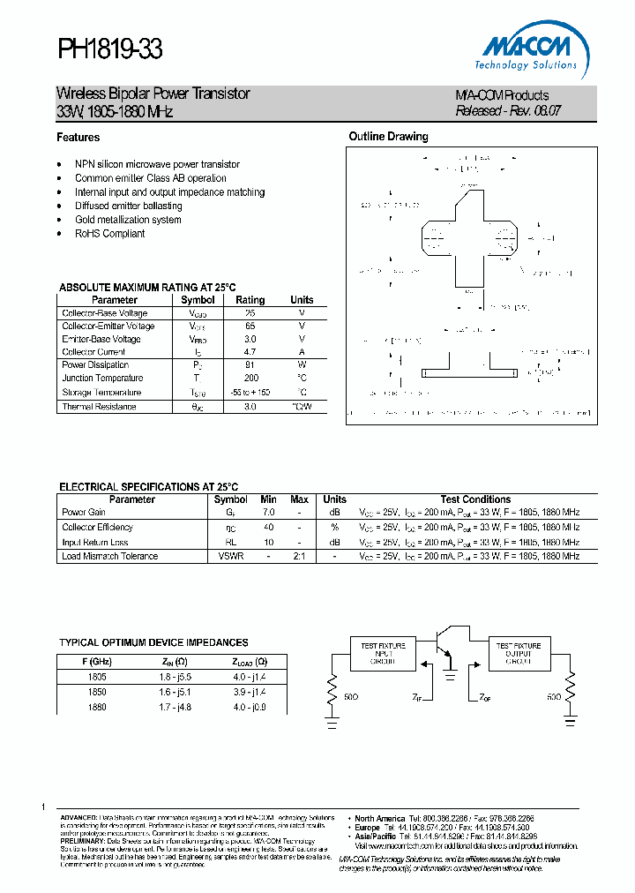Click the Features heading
pos(78,138)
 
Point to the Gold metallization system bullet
pos(128,220)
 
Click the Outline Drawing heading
pos(388,137)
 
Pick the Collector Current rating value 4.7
pos(250,352)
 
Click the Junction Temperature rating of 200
pos(250,378)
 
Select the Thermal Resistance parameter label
pos(99,407)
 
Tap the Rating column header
pos(250,300)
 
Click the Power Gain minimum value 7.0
pos(268,512)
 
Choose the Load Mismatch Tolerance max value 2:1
pos(300,556)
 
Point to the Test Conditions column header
pos(475,499)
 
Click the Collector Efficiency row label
pos(97,527)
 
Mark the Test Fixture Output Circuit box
pos(518,653)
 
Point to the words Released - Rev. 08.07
pos(508,111)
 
